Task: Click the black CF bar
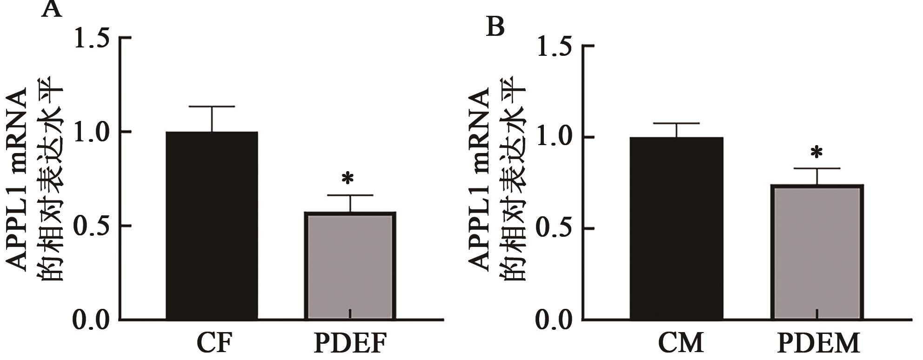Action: tap(212, 226)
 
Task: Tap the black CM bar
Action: tap(676, 228)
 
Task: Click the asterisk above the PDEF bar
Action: tap(348, 179)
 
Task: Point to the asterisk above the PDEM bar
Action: tap(816, 153)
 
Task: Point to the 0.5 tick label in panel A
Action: tap(92, 227)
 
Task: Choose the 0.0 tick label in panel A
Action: tap(92, 320)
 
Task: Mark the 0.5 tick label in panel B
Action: tap(555, 229)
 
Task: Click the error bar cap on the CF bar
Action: tap(212, 107)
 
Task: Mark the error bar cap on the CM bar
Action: tap(676, 123)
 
